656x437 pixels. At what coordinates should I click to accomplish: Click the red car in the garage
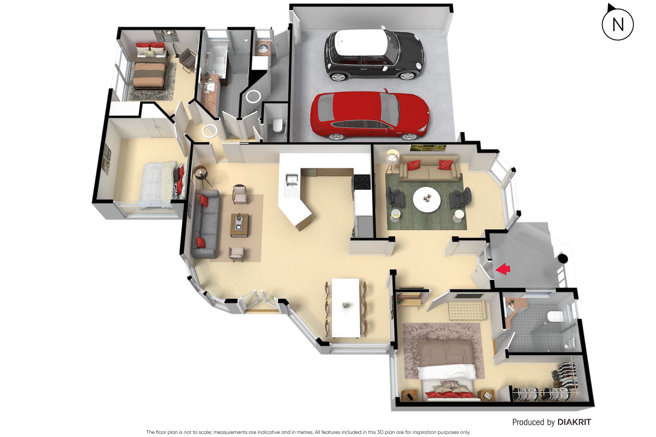point(370,116)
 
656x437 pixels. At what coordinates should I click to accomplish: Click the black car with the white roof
point(374,55)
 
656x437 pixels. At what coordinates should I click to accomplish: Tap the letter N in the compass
point(618,25)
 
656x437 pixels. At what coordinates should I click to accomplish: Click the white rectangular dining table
point(346,307)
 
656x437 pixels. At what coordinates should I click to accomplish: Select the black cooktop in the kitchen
point(362,182)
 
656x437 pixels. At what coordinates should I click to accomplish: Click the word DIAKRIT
point(574,422)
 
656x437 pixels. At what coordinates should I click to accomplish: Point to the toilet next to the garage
point(277,125)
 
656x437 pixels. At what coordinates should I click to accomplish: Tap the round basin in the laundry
point(262,48)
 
